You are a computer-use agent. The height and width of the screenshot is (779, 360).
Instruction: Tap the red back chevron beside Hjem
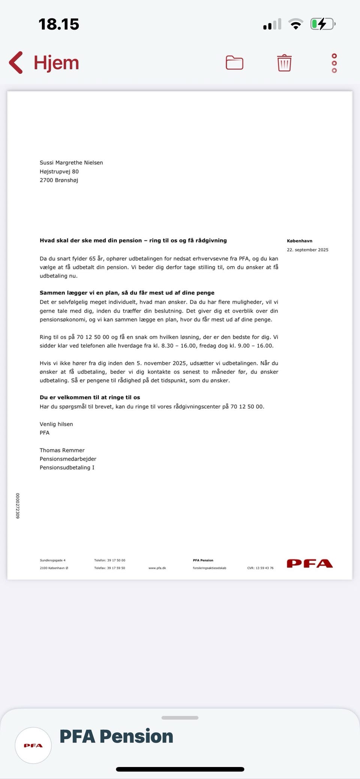(x=16, y=62)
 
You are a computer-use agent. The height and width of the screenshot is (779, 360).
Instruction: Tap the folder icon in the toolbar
(x=234, y=63)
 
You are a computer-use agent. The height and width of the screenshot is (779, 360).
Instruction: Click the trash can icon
(x=284, y=63)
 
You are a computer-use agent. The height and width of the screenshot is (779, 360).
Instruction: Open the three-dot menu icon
(x=334, y=63)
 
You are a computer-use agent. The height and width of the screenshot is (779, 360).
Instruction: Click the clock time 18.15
(x=59, y=24)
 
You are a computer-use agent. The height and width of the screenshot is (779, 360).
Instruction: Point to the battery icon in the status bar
(x=322, y=24)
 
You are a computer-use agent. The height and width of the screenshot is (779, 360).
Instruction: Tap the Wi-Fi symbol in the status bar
(x=296, y=24)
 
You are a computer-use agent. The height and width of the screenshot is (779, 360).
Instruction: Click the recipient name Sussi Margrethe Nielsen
(x=71, y=163)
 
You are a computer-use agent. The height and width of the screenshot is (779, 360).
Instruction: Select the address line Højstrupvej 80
(x=59, y=171)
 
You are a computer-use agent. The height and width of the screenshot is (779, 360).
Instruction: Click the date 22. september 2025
(x=307, y=250)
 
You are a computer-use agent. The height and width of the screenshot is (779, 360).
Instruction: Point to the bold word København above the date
(x=299, y=241)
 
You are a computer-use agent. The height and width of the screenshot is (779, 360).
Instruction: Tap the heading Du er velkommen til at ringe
(x=90, y=397)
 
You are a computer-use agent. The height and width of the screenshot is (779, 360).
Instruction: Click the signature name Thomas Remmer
(x=62, y=450)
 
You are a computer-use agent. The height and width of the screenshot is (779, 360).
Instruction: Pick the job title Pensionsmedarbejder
(x=68, y=459)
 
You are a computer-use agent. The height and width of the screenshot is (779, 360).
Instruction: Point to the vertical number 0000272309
(x=18, y=506)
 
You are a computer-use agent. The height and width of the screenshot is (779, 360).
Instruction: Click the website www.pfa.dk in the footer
(x=157, y=568)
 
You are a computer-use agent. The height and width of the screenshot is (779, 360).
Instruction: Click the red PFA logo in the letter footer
(x=310, y=564)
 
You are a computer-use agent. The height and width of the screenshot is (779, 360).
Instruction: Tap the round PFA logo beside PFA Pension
(x=33, y=746)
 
